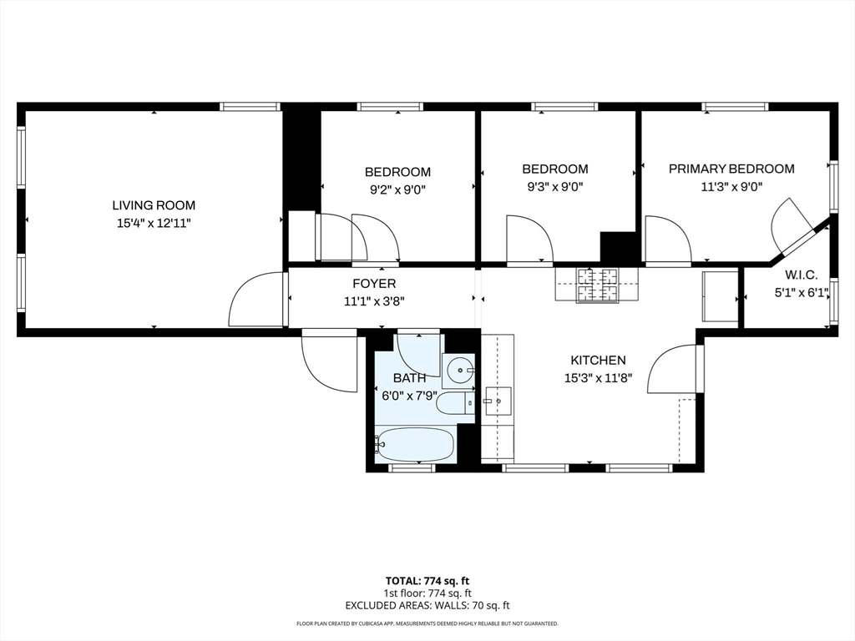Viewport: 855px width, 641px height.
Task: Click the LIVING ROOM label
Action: (154, 205)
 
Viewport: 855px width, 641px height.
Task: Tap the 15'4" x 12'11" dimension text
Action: (154, 223)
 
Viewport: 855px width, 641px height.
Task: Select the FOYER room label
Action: (374, 284)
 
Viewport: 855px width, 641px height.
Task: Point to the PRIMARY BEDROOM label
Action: (731, 169)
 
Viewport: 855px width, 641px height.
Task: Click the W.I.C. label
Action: (801, 275)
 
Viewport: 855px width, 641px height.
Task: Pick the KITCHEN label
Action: (598, 361)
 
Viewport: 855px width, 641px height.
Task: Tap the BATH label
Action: (409, 378)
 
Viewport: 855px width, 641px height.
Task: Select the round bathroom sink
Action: (460, 371)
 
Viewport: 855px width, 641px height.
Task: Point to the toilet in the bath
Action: (455, 403)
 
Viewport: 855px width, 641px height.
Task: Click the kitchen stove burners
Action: (598, 285)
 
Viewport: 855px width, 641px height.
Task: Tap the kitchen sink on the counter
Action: (498, 401)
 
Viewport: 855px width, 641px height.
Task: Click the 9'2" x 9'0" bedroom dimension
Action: (397, 189)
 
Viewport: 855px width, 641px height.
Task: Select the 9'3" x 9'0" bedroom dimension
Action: (555, 187)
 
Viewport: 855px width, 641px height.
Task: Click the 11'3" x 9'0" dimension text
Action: (731, 187)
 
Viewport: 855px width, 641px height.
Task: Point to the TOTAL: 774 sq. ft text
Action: (427, 581)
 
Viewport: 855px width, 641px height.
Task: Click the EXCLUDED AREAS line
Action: (427, 605)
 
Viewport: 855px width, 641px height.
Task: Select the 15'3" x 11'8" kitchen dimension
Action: (598, 378)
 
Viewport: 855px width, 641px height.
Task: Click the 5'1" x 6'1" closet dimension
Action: (802, 293)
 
